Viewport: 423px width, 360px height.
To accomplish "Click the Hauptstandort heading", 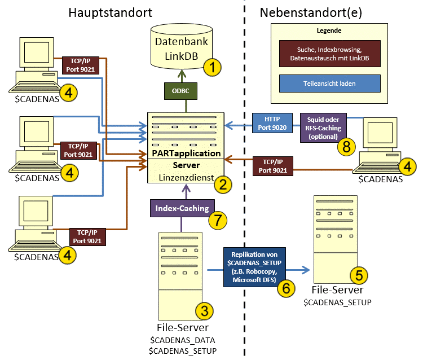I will coord(112,12).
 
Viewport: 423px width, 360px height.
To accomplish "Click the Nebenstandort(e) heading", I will coord(311,12).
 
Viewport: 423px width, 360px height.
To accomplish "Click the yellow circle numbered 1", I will coord(212,68).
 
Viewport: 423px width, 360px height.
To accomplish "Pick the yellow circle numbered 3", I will coord(204,310).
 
